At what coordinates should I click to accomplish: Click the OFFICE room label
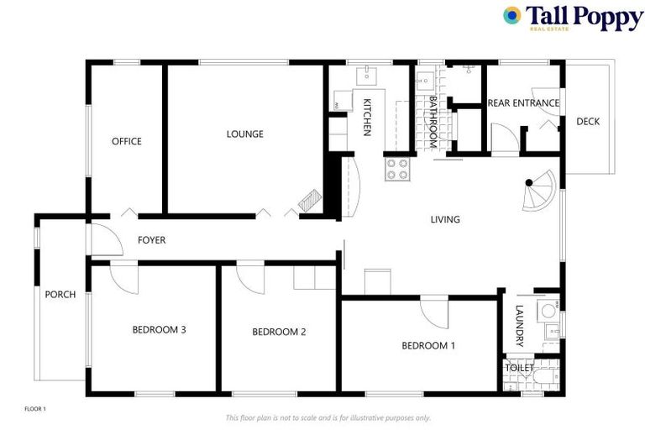(x=127, y=141)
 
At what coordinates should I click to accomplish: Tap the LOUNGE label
(x=244, y=134)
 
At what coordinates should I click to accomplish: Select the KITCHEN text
(x=367, y=117)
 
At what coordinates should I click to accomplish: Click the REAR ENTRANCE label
(x=523, y=103)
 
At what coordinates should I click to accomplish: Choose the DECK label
(x=588, y=122)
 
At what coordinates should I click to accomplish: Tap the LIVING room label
(x=445, y=220)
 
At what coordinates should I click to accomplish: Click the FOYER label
(x=151, y=240)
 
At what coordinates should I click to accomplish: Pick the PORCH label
(x=60, y=295)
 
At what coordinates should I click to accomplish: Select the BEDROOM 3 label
(x=159, y=329)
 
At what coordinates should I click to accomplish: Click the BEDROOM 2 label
(x=279, y=332)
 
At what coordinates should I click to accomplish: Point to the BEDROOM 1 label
(x=428, y=345)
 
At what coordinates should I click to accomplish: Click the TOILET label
(x=519, y=368)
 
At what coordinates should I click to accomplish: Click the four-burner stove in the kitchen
(x=397, y=170)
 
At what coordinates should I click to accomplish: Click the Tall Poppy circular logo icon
(x=511, y=15)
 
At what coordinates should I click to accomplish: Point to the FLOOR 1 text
(x=35, y=409)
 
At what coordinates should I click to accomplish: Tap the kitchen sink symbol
(x=367, y=77)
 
